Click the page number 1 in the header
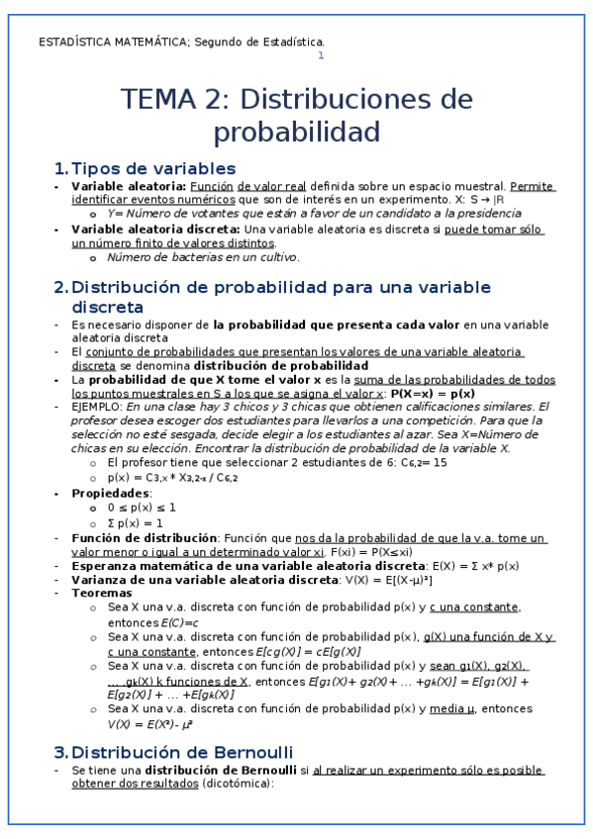320,55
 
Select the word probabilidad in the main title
297,132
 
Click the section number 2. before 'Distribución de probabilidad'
60,287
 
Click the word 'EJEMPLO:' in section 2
98,406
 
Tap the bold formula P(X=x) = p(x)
433,393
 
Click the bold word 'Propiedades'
111,492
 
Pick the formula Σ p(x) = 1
136,522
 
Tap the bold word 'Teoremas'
102,593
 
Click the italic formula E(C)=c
180,623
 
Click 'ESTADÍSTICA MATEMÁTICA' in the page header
112,42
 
